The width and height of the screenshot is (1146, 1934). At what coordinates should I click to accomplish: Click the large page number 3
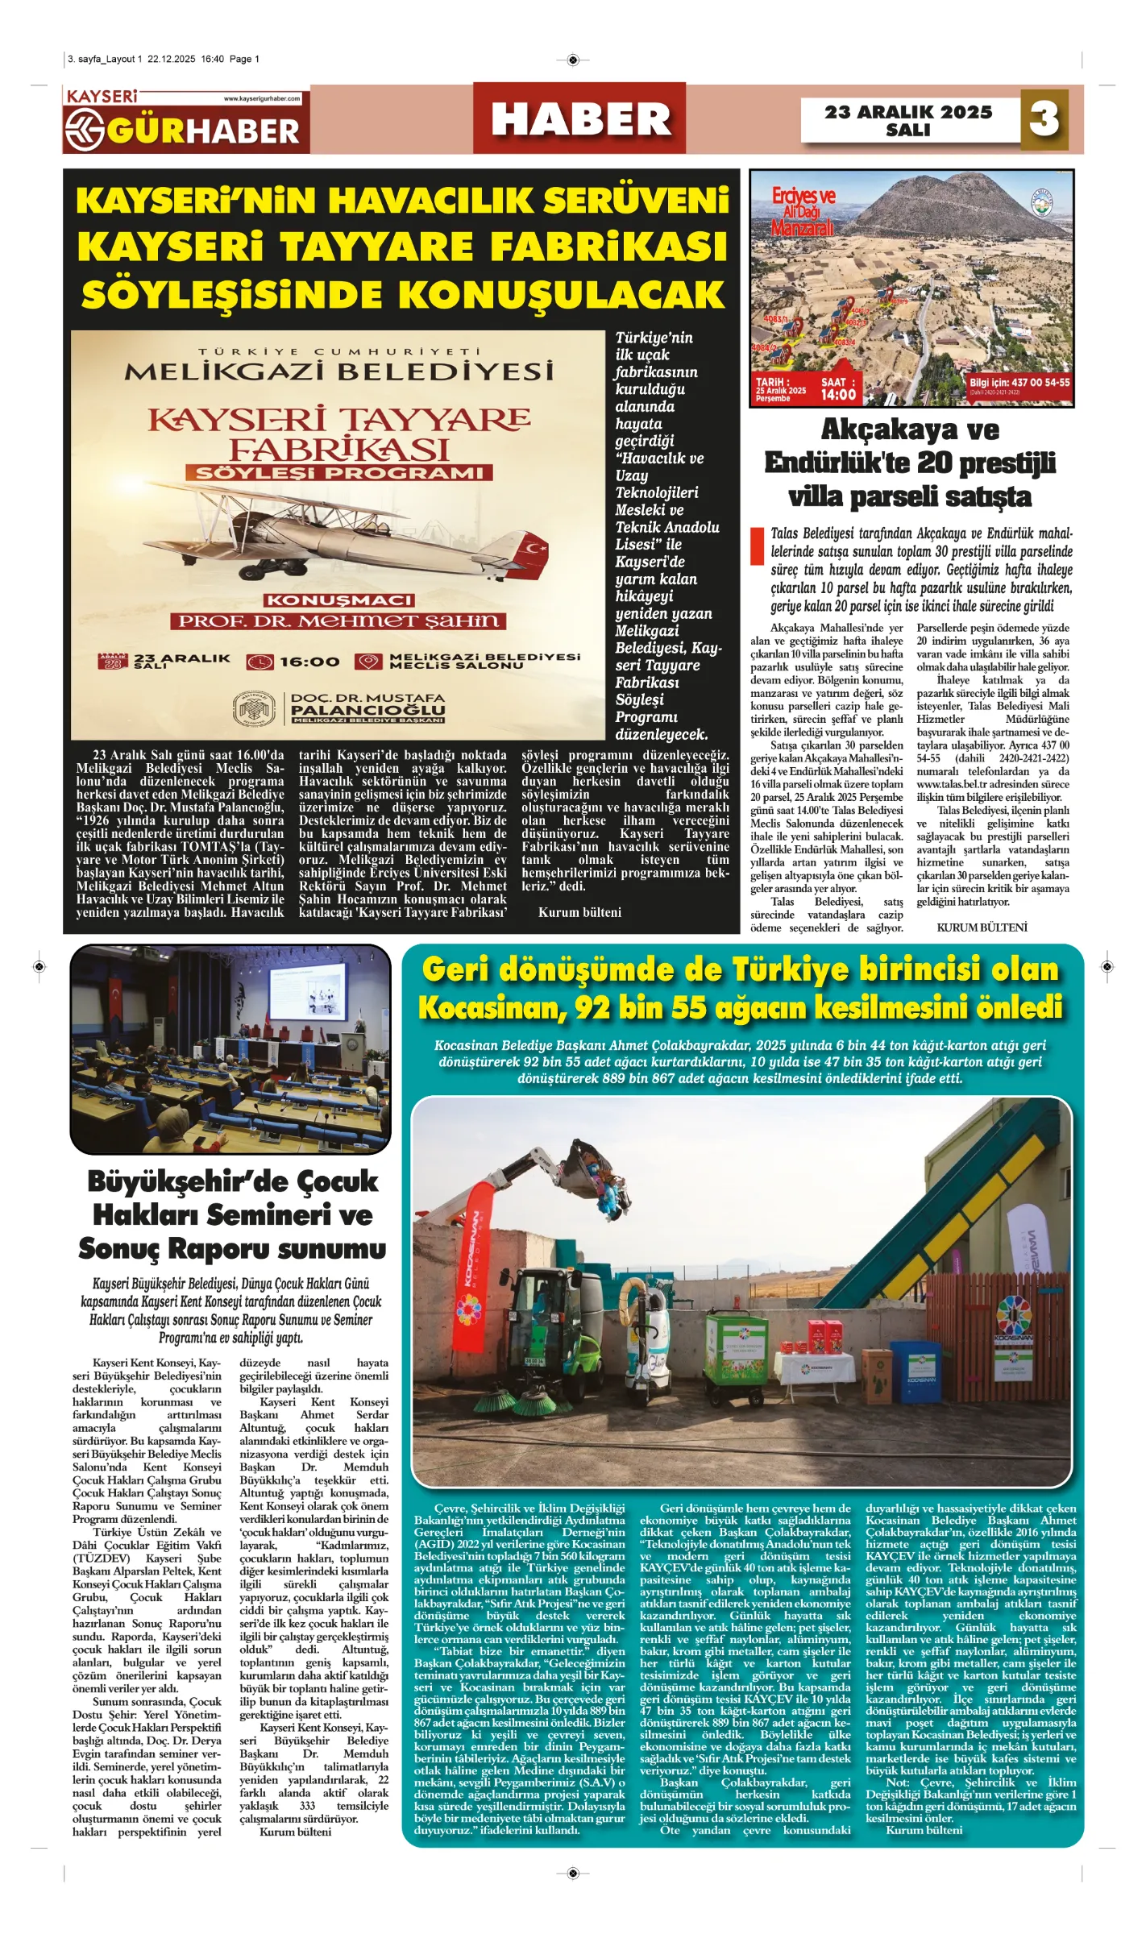pos(1044,119)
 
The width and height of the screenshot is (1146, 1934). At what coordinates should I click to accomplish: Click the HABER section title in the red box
pos(580,119)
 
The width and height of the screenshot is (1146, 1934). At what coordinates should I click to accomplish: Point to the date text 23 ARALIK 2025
pos(908,112)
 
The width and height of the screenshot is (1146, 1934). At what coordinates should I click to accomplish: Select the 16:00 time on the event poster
pos(309,662)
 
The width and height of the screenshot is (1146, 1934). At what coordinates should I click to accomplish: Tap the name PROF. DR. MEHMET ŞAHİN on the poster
pos(338,620)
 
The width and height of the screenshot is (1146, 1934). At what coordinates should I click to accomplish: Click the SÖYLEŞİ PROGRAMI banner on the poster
pos(338,473)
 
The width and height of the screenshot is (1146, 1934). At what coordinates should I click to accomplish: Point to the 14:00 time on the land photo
pos(838,394)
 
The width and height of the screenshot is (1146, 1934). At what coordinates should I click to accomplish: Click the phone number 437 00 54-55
pos(1040,382)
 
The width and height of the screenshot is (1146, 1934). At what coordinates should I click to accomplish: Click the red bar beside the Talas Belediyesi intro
pos(757,546)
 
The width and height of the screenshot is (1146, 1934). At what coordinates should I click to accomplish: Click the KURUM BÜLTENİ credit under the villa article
pos(982,928)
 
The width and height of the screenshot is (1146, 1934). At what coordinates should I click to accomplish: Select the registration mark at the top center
pos(572,60)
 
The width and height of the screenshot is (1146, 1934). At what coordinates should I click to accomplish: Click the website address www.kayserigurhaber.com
pos(262,98)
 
